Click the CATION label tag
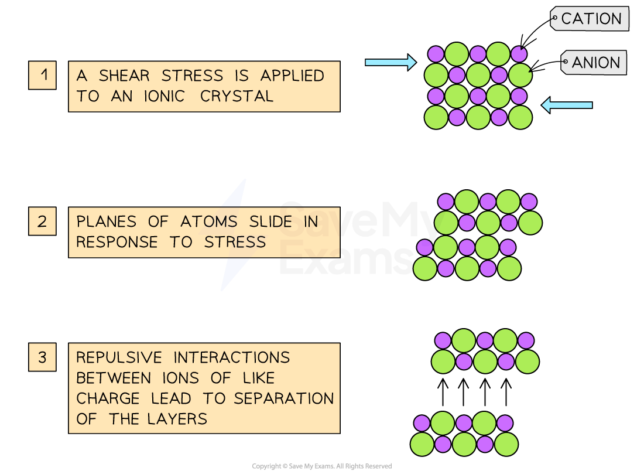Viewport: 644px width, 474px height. pyautogui.click(x=590, y=19)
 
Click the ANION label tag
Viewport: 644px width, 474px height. pyautogui.click(x=595, y=63)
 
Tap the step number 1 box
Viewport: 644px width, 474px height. pyautogui.click(x=42, y=76)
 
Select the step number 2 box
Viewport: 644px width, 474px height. pyautogui.click(x=42, y=221)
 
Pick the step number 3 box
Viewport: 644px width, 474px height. pyautogui.click(x=42, y=357)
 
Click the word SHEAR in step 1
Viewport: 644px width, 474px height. pyautogui.click(x=124, y=76)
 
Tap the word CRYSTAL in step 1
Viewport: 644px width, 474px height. pyautogui.click(x=237, y=96)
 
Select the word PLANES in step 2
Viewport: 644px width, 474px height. pyautogui.click(x=106, y=222)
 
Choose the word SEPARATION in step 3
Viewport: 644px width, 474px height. pyautogui.click(x=284, y=398)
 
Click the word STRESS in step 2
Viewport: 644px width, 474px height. pyautogui.click(x=235, y=242)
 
